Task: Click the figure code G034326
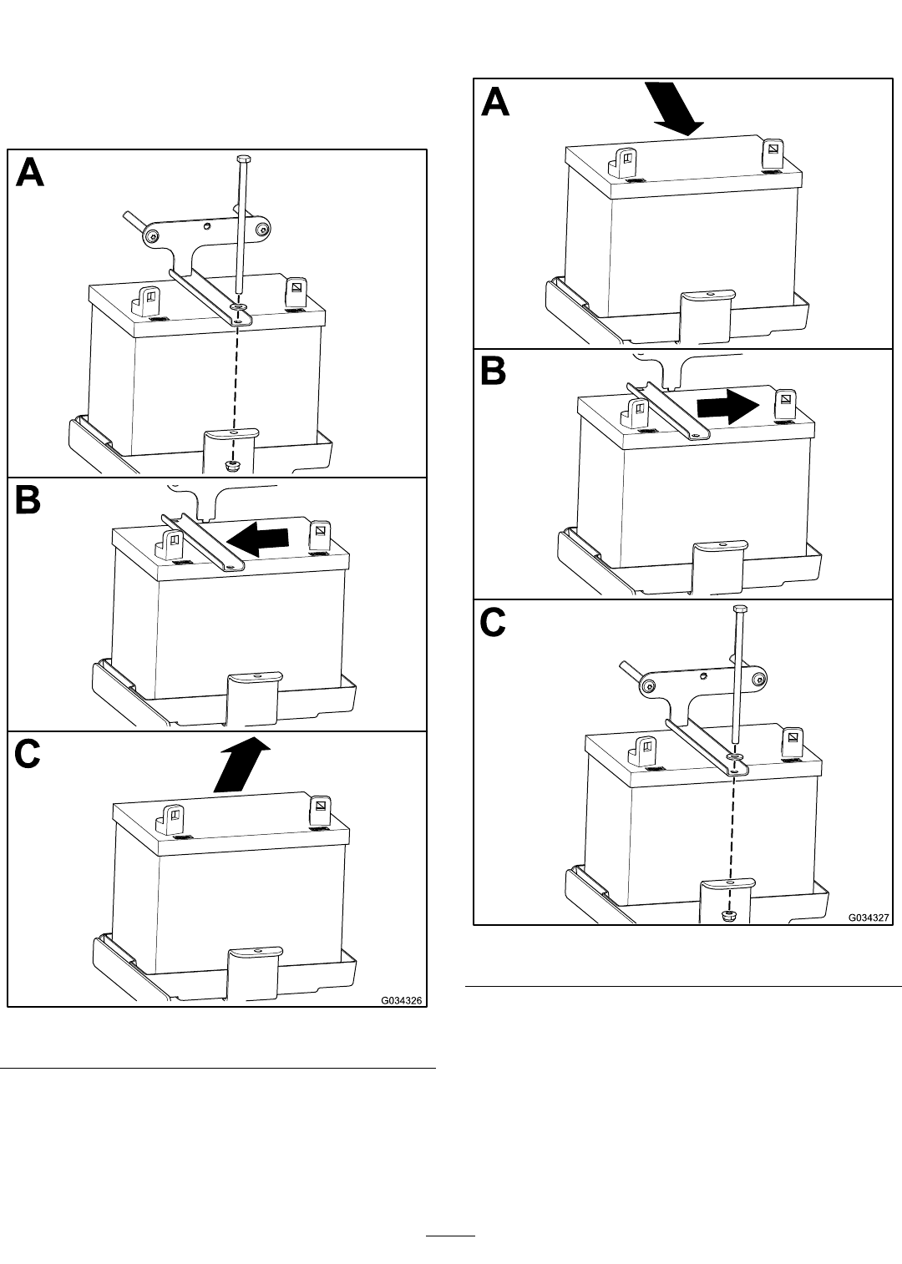(x=402, y=1000)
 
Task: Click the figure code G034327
(x=869, y=918)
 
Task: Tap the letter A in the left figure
(x=30, y=173)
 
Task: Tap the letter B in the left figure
(x=28, y=500)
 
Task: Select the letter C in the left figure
(x=28, y=755)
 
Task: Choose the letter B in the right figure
(x=493, y=372)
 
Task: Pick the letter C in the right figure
(x=493, y=624)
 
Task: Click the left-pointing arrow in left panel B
(x=257, y=538)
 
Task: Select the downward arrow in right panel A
(x=674, y=109)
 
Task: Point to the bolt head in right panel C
(x=739, y=609)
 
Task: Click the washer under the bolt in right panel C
(x=736, y=756)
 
